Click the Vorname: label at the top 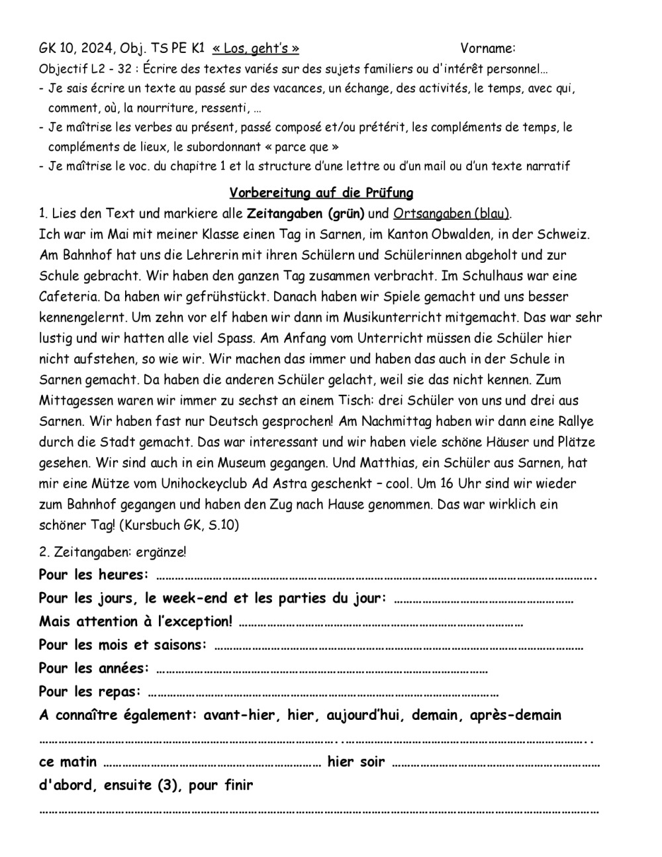coord(488,48)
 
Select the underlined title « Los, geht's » coord(256,48)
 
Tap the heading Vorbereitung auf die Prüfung coord(321,193)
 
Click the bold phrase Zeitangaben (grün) coord(306,213)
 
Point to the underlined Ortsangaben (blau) coord(451,213)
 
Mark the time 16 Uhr coord(459,483)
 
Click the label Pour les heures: coord(93,575)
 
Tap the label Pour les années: coord(93,668)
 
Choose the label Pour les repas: coord(90,692)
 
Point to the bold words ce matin coord(68,762)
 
